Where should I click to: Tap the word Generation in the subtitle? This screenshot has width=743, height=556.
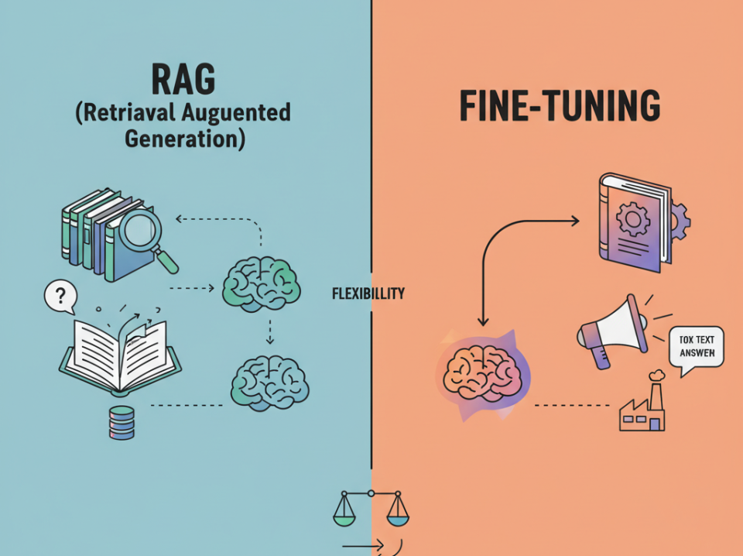pos(183,139)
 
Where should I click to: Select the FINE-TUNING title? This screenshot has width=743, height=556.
pos(560,107)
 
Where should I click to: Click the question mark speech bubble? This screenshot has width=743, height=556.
pos(59,297)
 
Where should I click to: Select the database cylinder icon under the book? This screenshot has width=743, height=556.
pos(122,422)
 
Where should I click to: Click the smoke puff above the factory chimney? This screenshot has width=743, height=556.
pos(657,375)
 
